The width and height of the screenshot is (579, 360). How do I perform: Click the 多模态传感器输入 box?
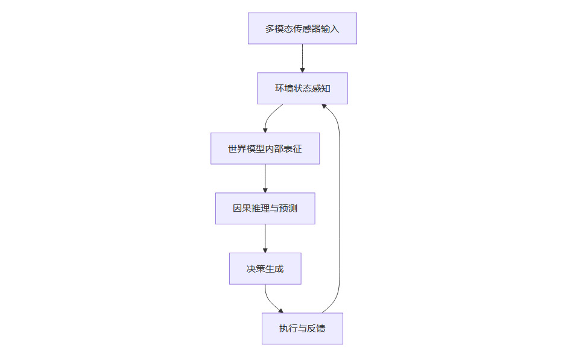coord(302,28)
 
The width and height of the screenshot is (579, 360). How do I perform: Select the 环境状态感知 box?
coord(302,89)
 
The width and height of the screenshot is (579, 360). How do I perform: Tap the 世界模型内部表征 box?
coord(265,149)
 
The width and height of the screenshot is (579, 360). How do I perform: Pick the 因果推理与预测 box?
coord(265,209)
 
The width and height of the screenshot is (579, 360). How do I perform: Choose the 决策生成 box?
coord(265,269)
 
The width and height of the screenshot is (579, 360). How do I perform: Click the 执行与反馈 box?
coord(302,329)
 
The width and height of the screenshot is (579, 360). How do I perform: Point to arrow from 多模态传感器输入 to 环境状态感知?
coord(302,58)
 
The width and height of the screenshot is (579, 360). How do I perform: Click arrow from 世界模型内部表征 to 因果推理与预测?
coord(265,178)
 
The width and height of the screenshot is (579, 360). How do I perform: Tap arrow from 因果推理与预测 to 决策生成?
coord(265,239)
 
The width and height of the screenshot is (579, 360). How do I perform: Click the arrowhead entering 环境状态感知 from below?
coord(324,106)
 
